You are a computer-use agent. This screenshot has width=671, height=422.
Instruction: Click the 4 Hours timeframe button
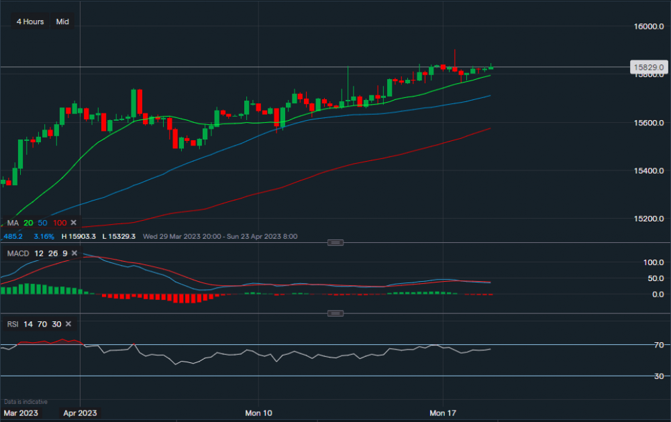coord(30,21)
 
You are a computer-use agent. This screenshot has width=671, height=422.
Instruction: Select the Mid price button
coord(62,21)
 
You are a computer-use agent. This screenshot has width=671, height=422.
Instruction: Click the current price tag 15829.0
coord(648,68)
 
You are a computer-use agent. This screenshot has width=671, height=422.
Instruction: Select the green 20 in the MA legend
coord(28,223)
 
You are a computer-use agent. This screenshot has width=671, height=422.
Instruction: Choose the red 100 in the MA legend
coord(60,223)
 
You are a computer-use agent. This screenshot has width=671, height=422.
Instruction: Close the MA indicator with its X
coord(74,223)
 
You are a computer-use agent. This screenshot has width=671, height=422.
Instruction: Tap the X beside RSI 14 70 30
coord(68,324)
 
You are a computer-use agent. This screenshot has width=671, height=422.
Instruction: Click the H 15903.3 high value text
coord(79,236)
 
